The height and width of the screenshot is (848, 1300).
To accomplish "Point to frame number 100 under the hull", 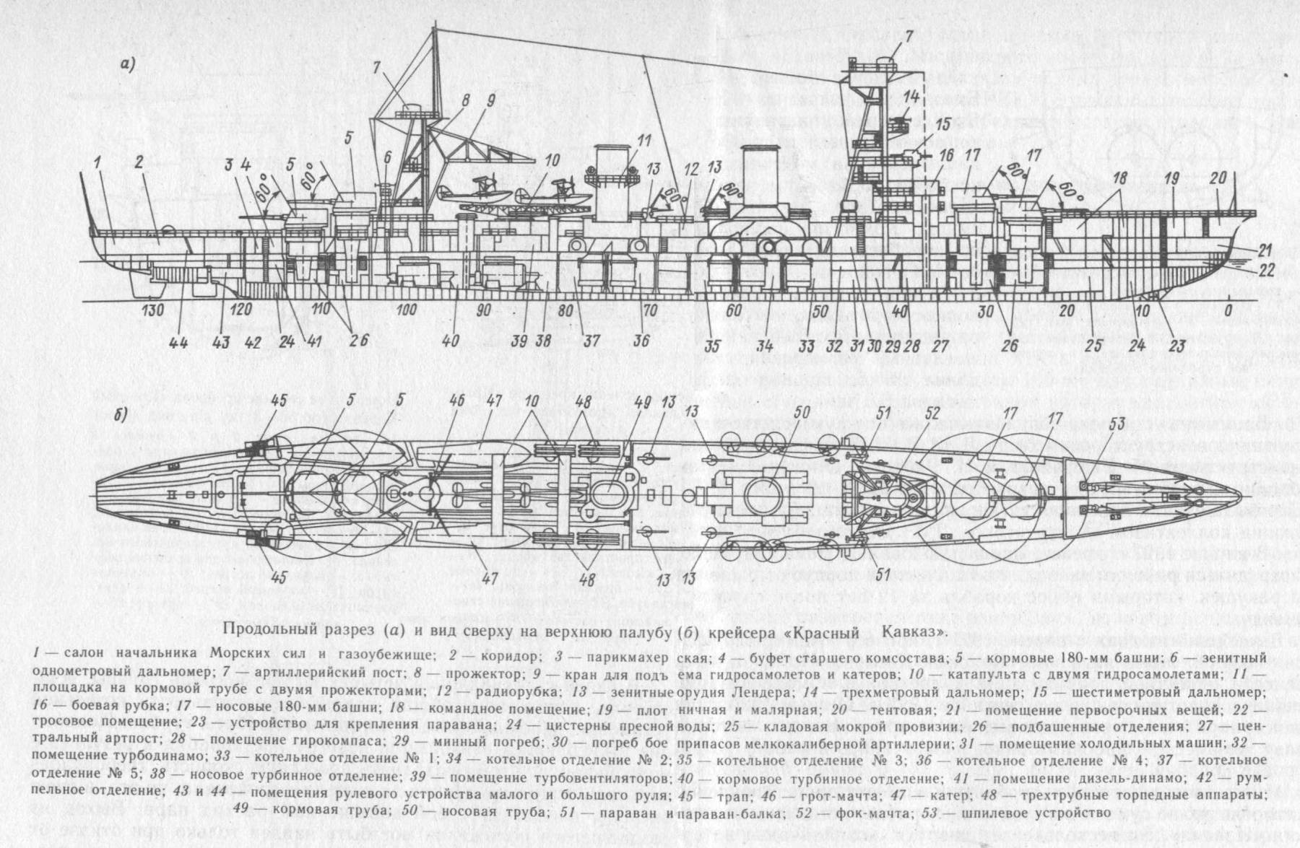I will pyautogui.click(x=407, y=310).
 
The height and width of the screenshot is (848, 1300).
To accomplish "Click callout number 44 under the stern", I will pyautogui.click(x=179, y=342).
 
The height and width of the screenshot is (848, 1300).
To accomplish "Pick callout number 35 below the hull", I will pyautogui.click(x=712, y=346).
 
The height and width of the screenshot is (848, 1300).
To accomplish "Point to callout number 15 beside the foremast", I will pyautogui.click(x=944, y=125).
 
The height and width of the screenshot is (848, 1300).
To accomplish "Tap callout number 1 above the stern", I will pyautogui.click(x=96, y=161).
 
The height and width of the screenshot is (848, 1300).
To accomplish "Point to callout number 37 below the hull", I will pyautogui.click(x=592, y=341).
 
